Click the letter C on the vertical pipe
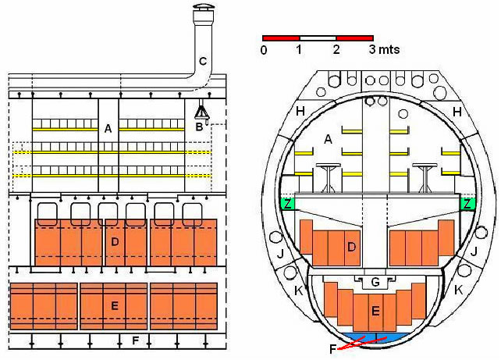click(x=203, y=61)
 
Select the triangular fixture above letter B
click(x=202, y=113)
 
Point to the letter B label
click(x=199, y=127)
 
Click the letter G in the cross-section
click(x=375, y=282)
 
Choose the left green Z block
click(x=287, y=204)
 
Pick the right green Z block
click(x=467, y=204)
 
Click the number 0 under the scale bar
click(x=264, y=51)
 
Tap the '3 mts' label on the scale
click(x=385, y=49)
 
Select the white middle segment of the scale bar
click(x=318, y=38)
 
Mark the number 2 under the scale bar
click(x=336, y=50)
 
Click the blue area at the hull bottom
click(x=376, y=337)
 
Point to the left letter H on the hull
click(x=300, y=112)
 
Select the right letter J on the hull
click(x=474, y=251)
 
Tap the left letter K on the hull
click(x=298, y=290)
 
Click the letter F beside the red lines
click(x=333, y=349)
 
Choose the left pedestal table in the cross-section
click(x=328, y=178)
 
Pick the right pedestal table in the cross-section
click(x=425, y=178)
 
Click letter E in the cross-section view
click(x=375, y=311)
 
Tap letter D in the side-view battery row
click(x=115, y=242)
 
